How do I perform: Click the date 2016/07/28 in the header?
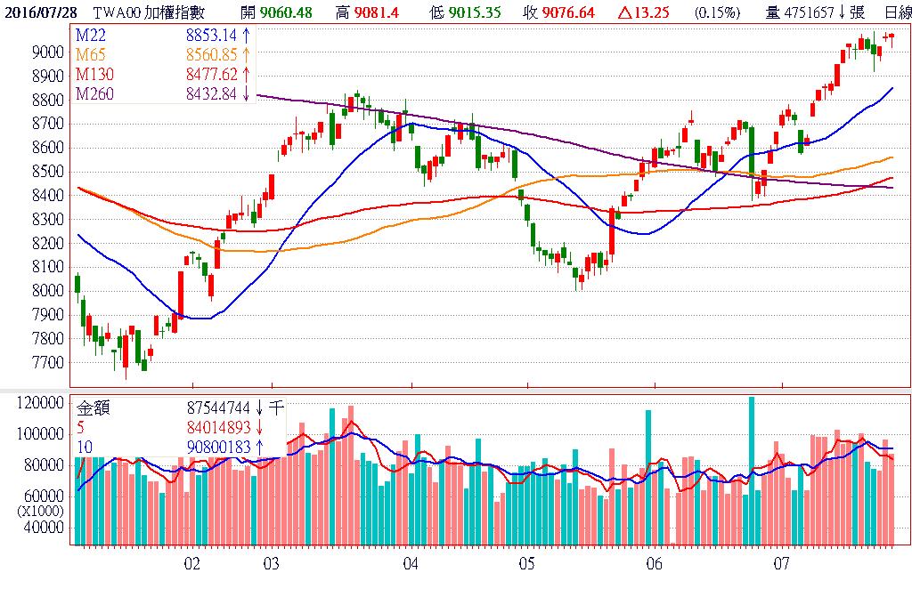coord(40,12)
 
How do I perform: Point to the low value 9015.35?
coord(474,12)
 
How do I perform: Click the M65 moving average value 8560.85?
coord(212,53)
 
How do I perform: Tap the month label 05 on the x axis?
coord(526,564)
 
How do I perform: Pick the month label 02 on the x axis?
coord(191,564)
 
